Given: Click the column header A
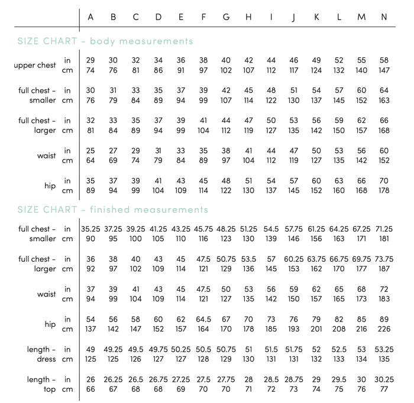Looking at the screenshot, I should click(x=90, y=17).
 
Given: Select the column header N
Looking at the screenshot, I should click(x=384, y=17).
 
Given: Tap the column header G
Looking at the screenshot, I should click(x=226, y=17).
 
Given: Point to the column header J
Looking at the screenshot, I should click(x=293, y=17).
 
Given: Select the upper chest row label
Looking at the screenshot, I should click(x=35, y=65).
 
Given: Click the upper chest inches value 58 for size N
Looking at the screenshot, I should click(x=384, y=60).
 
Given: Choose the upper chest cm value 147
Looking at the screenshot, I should click(x=384, y=70).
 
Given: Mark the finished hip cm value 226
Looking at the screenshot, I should click(x=384, y=329).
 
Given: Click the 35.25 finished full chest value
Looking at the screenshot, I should click(x=90, y=229).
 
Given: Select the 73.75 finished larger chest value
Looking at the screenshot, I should click(x=384, y=259).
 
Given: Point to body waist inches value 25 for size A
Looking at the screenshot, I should click(x=90, y=151).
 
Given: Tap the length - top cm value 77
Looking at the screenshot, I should click(x=384, y=389).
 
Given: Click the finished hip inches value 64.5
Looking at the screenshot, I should click(x=203, y=319).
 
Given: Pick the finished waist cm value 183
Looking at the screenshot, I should click(x=384, y=299).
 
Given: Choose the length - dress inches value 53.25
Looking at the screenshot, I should click(x=384, y=349).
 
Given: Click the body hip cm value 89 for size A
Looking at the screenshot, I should click(x=90, y=191).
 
